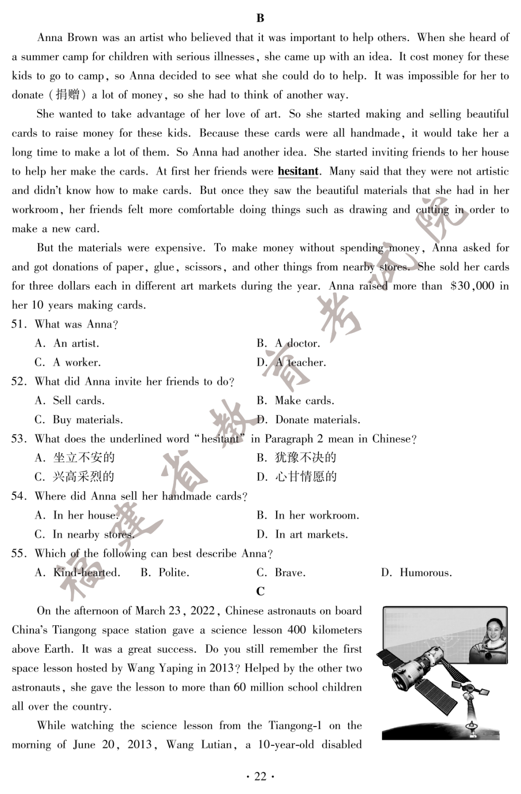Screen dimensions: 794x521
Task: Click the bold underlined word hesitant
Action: coord(298,172)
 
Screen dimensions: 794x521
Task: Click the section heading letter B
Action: coord(260,18)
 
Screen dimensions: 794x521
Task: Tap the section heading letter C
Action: coord(260,592)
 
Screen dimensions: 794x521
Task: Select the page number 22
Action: coord(260,776)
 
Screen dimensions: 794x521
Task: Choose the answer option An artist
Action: coord(76,344)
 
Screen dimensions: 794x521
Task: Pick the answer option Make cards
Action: coord(304,401)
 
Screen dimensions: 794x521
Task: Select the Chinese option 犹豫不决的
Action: coord(305,458)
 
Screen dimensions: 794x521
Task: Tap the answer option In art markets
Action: coord(311,534)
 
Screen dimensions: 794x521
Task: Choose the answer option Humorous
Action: coord(425,573)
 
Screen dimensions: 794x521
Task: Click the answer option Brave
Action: coord(290,573)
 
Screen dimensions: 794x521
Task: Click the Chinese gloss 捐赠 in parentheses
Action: coord(68,95)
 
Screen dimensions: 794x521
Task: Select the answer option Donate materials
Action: coord(317,420)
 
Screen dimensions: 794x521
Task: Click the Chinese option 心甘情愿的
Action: coord(305,477)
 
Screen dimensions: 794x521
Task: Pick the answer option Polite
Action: coord(174,573)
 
